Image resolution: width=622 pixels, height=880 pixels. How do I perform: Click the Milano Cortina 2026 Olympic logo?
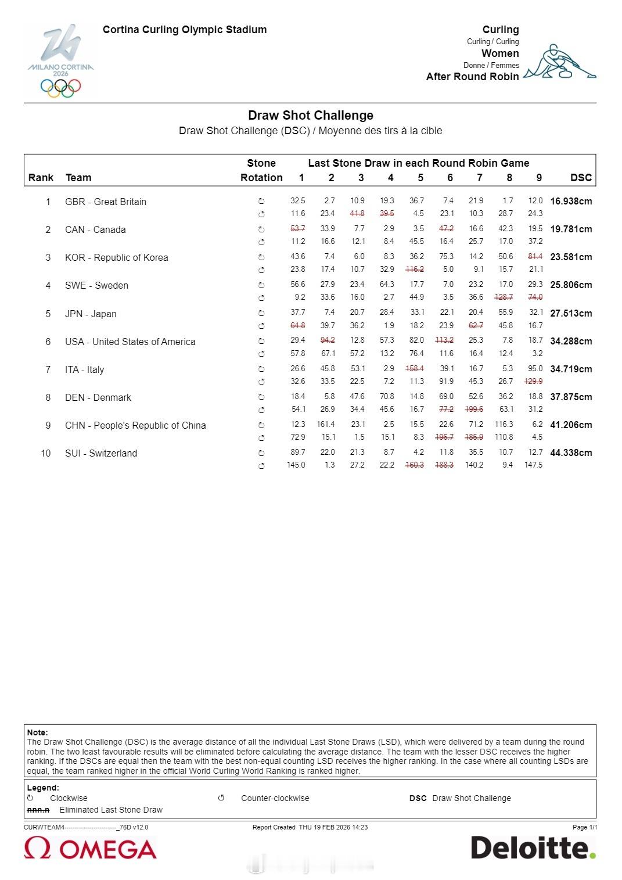point(60,60)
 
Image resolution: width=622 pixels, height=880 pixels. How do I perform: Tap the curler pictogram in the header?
point(559,62)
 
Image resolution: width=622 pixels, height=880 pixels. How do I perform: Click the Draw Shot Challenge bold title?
point(311,115)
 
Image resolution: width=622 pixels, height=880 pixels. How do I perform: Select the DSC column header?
point(581,178)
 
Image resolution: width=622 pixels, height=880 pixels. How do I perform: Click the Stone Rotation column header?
point(261,170)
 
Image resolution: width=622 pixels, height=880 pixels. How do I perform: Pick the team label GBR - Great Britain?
point(106,202)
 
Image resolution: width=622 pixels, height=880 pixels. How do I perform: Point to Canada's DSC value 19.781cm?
point(571,229)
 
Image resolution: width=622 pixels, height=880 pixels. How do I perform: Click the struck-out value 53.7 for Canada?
point(298,228)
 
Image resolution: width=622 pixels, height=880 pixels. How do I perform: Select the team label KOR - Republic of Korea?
point(117,257)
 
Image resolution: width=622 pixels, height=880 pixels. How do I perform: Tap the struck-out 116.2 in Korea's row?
point(415,269)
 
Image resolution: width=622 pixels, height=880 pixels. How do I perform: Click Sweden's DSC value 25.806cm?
point(571,285)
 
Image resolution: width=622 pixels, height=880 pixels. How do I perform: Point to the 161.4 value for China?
point(326,424)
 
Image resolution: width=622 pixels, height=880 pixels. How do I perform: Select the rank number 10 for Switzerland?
point(46,453)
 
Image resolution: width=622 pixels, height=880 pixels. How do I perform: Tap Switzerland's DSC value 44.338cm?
point(571,452)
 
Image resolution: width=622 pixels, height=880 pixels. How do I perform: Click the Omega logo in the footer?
point(91,849)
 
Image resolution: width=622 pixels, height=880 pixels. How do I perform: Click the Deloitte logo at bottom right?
point(533,848)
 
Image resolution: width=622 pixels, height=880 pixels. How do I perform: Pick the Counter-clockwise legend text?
point(275,798)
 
